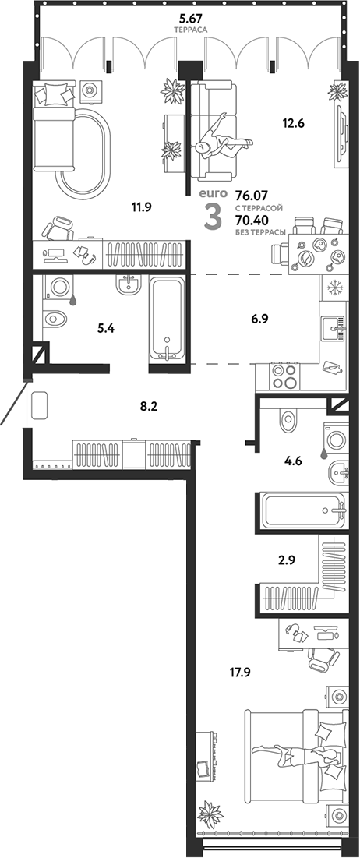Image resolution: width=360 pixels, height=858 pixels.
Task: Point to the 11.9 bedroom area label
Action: (x=141, y=207)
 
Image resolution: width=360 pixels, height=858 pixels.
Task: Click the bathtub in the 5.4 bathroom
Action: (x=169, y=320)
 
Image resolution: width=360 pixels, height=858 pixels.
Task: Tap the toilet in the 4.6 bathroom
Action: (x=286, y=422)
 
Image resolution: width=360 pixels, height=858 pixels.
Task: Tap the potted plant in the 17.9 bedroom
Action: (x=210, y=817)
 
